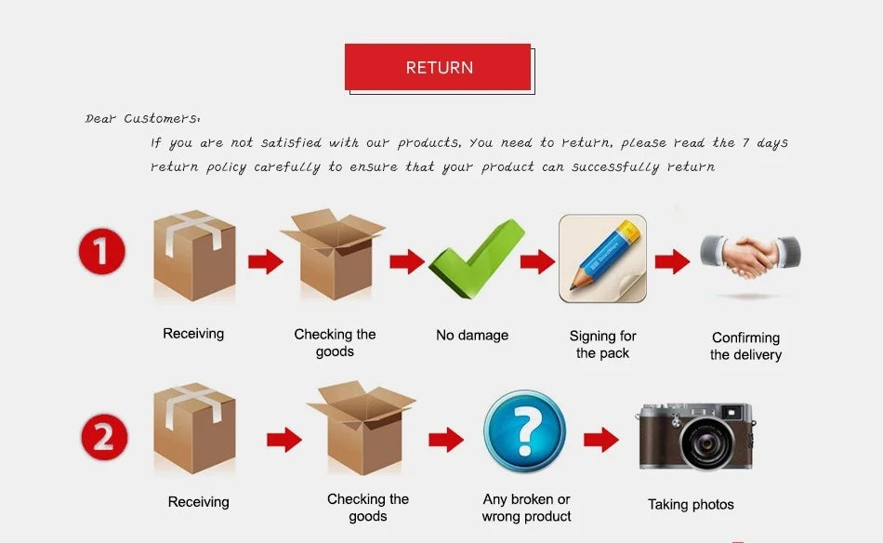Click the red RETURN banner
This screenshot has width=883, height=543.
point(438,67)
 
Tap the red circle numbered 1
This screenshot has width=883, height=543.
point(102,251)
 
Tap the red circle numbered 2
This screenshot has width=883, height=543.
point(104,437)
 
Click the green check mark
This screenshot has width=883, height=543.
point(477,258)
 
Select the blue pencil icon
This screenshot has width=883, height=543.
point(602,258)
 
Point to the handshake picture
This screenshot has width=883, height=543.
point(750,257)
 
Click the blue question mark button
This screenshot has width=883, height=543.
point(525,431)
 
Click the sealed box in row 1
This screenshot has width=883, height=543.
point(194,255)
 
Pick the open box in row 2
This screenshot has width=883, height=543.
point(362,428)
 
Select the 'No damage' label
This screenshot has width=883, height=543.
point(472,335)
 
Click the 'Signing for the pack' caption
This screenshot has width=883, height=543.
point(602,344)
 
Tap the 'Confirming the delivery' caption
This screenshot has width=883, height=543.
point(745,346)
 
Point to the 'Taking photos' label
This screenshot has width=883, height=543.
point(691,504)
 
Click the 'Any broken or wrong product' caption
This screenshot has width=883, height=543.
point(526,508)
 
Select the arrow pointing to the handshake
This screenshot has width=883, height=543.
point(672,261)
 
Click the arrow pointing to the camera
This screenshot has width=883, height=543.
point(601,440)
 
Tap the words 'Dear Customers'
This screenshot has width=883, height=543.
point(142,118)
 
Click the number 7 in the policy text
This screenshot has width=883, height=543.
point(745,142)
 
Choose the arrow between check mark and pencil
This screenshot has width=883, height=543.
point(538,261)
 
